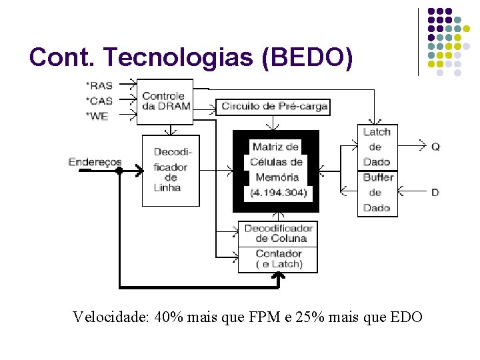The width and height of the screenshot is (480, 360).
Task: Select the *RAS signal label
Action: [x=99, y=85]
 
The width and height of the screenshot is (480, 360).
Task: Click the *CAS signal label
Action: [x=99, y=100]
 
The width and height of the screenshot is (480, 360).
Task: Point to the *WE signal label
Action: [x=97, y=115]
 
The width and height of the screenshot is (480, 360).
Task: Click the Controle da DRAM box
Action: [x=165, y=101]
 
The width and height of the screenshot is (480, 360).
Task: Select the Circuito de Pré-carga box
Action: [x=274, y=107]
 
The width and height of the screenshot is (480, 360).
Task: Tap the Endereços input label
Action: [x=95, y=162]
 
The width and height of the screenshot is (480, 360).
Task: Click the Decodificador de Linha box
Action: [x=171, y=169]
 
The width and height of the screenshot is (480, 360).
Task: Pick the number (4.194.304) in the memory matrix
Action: [x=277, y=193]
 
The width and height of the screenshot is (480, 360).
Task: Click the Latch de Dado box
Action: [x=377, y=147]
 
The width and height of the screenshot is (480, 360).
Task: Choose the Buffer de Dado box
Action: [x=377, y=193]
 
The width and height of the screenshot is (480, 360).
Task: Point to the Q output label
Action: [x=435, y=147]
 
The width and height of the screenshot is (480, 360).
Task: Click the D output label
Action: [x=435, y=192]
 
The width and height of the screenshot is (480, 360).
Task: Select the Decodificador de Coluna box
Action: [x=277, y=233]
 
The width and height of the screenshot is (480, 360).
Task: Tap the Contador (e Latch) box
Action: [x=278, y=259]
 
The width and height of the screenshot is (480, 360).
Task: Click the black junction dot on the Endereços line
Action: [x=119, y=170]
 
